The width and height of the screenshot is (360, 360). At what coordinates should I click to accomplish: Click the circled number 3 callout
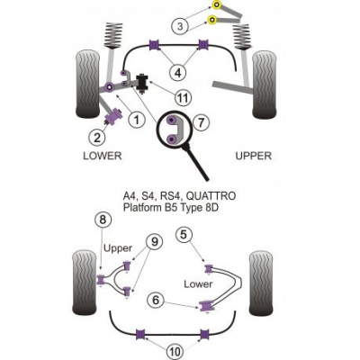pos(180,26)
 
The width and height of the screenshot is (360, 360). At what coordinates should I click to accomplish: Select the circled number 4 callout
pos(178,73)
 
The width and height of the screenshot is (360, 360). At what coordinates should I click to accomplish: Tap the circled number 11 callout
pos(184,97)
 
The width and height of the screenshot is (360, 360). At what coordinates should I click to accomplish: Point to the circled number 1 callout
pos(137,121)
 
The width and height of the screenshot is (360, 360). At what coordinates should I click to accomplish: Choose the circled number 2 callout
pos(97,138)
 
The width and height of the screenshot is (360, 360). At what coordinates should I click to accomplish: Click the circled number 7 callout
pos(200,122)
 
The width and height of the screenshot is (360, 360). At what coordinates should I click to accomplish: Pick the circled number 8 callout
pos(103,220)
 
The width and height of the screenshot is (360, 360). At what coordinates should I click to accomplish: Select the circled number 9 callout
pos(154,242)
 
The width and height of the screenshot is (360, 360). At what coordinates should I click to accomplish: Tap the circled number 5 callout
pos(184,235)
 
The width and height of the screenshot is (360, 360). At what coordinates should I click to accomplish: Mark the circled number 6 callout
pos(156,300)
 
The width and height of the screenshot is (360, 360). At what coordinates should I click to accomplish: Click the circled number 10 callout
pos(175,352)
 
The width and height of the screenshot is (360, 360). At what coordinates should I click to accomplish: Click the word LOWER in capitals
pos(103,156)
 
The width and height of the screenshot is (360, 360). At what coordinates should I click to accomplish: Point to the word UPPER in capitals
pos(254,156)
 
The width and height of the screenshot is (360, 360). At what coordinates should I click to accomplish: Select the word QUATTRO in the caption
pos(211,196)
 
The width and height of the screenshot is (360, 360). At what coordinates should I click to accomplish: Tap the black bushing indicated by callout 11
pos(141,83)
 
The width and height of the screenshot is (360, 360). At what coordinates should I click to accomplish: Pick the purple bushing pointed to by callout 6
pos(206,306)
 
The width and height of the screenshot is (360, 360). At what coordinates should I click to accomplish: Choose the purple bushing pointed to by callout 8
pos(102,280)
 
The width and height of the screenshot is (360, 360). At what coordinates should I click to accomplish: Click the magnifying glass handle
pos(198,163)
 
